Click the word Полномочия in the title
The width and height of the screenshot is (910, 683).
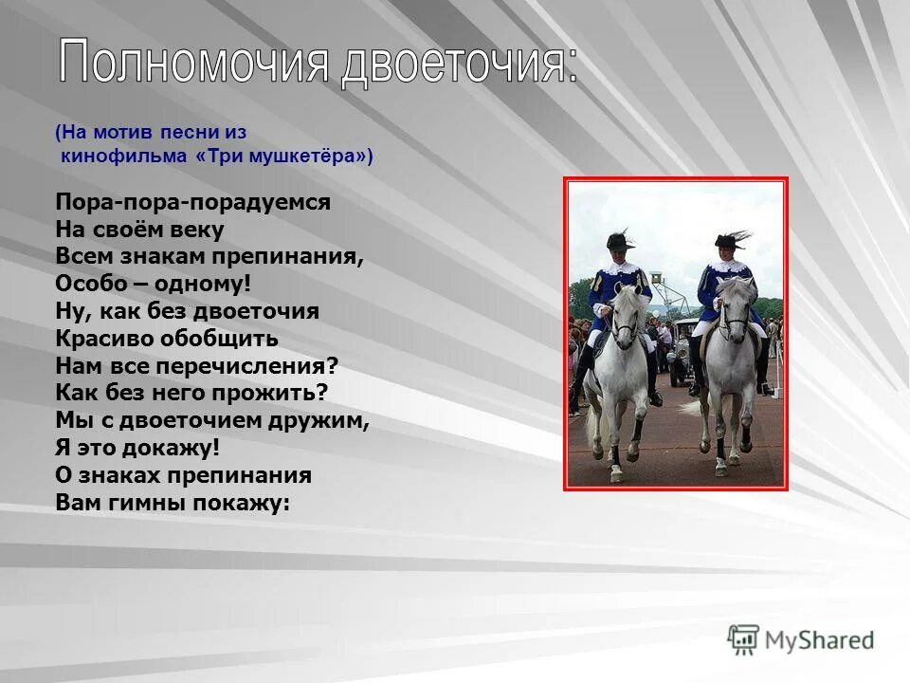point(195,65)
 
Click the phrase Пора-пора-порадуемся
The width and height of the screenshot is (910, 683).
point(192,203)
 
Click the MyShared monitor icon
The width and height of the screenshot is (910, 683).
point(743,639)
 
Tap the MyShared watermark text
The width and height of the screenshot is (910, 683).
point(820,640)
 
